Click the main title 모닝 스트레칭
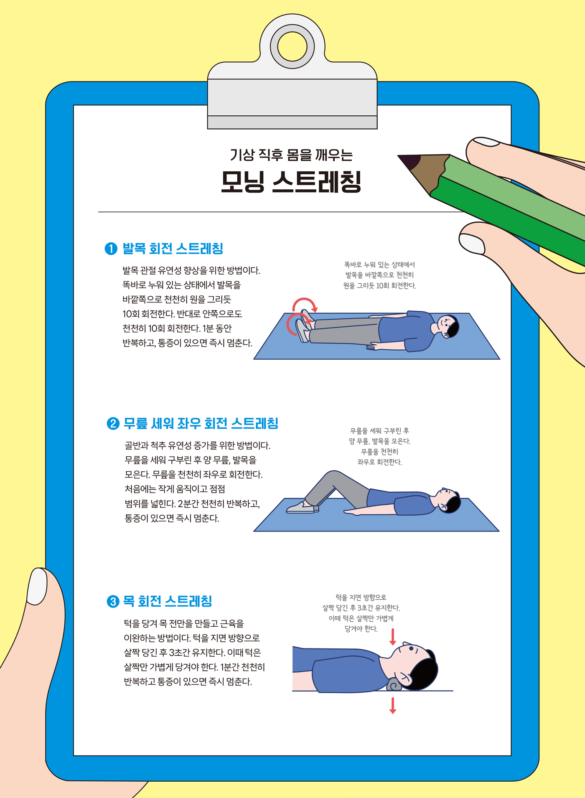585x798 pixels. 291,182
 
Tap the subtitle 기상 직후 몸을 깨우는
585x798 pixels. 291,155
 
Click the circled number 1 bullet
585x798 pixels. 111,249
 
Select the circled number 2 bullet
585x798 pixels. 113,424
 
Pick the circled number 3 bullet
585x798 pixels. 113,602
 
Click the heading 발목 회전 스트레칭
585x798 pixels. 173,249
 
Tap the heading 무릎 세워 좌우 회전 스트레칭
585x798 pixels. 201,423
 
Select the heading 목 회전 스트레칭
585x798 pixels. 168,601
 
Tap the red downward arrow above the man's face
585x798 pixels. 393,637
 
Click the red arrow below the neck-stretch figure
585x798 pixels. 393,705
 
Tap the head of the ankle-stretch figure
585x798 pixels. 448,326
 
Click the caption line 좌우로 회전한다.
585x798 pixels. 379,462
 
